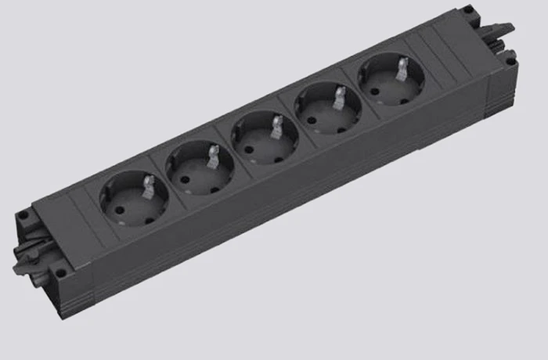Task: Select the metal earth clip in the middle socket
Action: [276, 125]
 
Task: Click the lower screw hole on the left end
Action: [56, 272]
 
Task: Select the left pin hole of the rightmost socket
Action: [375, 85]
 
